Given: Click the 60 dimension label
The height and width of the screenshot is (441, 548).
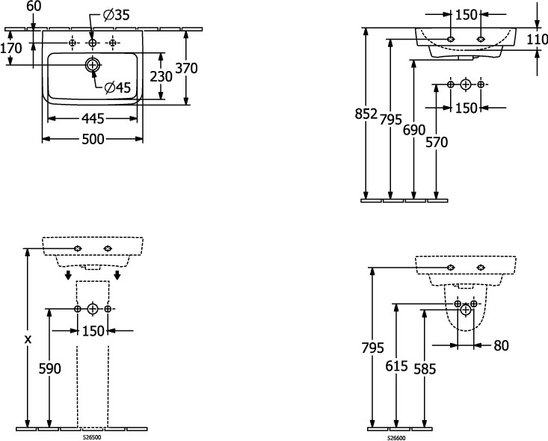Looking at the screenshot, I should [34, 7].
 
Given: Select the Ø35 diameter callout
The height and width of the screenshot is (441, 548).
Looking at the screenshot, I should [115, 14].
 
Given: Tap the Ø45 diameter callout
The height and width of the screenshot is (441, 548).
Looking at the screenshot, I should [118, 87].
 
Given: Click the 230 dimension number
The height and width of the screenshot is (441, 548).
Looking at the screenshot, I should [161, 75].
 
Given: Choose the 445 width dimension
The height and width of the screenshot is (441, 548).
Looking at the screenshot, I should [93, 118].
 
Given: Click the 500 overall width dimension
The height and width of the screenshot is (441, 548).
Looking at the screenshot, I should [93, 139].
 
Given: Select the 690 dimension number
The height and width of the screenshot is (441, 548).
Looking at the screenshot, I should [415, 128].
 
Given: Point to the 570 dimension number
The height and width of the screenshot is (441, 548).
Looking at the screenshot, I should [437, 141].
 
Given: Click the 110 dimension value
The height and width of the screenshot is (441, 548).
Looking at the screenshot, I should [537, 40].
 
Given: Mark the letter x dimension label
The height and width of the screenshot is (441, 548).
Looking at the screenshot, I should [28, 339].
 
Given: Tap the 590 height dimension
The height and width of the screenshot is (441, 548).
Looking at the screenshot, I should [49, 368].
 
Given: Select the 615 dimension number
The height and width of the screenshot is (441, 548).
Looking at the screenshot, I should [397, 366].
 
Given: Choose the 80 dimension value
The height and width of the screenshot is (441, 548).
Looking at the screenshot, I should [500, 345].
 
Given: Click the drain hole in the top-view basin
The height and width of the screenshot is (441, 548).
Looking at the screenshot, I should [92, 65].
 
